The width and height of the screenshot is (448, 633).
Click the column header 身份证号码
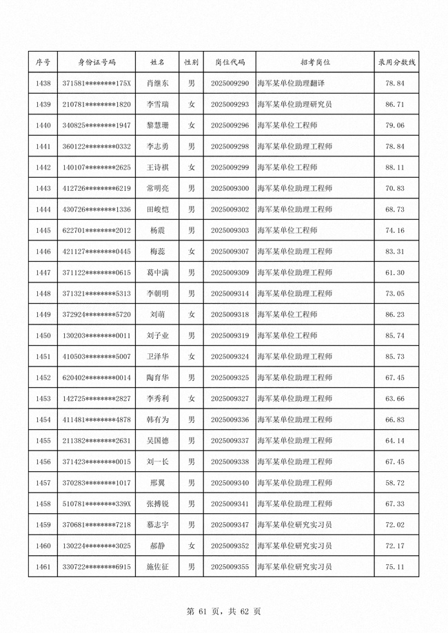[96, 62]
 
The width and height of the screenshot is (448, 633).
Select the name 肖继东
[157, 83]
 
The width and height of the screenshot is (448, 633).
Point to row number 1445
[43, 231]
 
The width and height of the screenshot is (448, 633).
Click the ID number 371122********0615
[96, 273]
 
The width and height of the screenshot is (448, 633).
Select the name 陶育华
[157, 378]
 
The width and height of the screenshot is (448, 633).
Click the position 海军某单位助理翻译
[290, 83]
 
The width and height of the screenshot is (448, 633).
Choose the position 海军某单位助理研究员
[294, 105]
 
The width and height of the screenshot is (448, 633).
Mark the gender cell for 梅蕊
[192, 251]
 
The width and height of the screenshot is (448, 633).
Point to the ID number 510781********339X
[96, 504]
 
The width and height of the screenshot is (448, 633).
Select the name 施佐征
[157, 568]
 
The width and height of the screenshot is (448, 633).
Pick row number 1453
[43, 399]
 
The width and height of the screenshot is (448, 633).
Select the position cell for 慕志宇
[294, 526]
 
